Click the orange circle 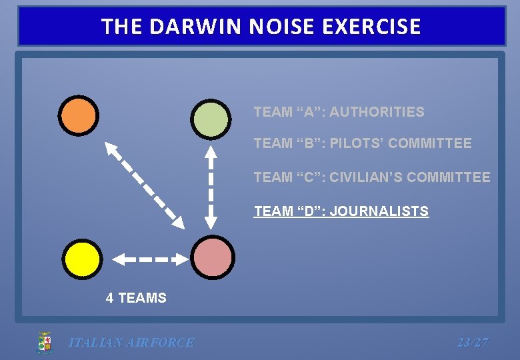pyautogui.click(x=78, y=115)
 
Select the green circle pyautogui.click(x=211, y=118)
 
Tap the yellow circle pyautogui.click(x=83, y=259)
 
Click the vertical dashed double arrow pyautogui.click(x=211, y=187)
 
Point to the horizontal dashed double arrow pyautogui.click(x=149, y=259)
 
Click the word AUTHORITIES pyautogui.click(x=377, y=112)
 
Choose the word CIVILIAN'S pyautogui.click(x=369, y=177)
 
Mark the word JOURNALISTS pyautogui.click(x=379, y=211)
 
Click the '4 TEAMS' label pyautogui.click(x=136, y=298)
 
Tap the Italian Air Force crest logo pyautogui.click(x=45, y=343)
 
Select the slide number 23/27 pyautogui.click(x=473, y=343)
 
